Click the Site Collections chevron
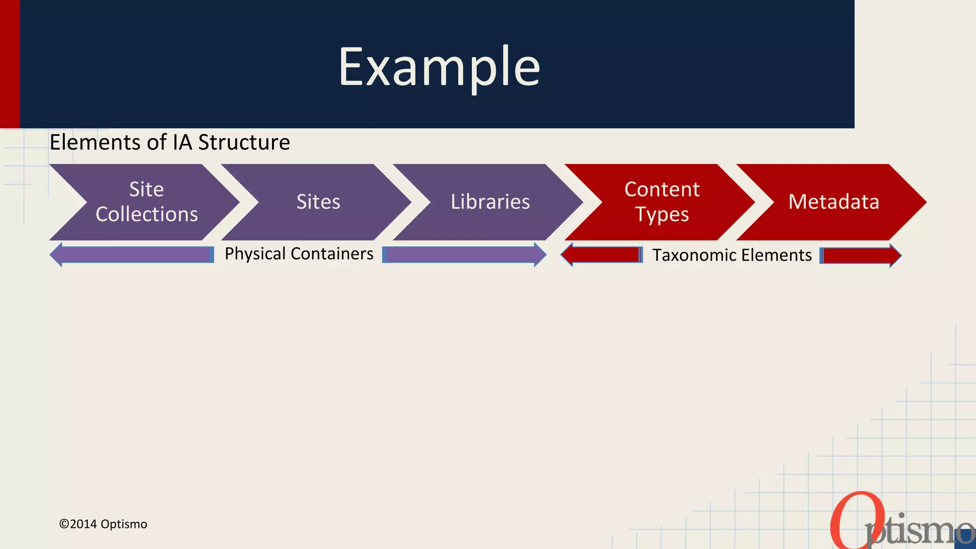point(147,202)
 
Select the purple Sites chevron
point(318,202)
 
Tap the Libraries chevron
point(490,202)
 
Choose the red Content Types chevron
point(662,202)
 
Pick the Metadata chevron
point(834,202)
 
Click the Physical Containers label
point(299,254)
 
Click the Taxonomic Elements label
point(732,255)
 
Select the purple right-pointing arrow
point(464,254)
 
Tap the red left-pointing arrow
point(602,255)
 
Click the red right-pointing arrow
point(860,255)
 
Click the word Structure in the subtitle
point(244,142)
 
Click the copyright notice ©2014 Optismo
point(103,524)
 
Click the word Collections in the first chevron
point(147,214)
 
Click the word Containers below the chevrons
point(332,254)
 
